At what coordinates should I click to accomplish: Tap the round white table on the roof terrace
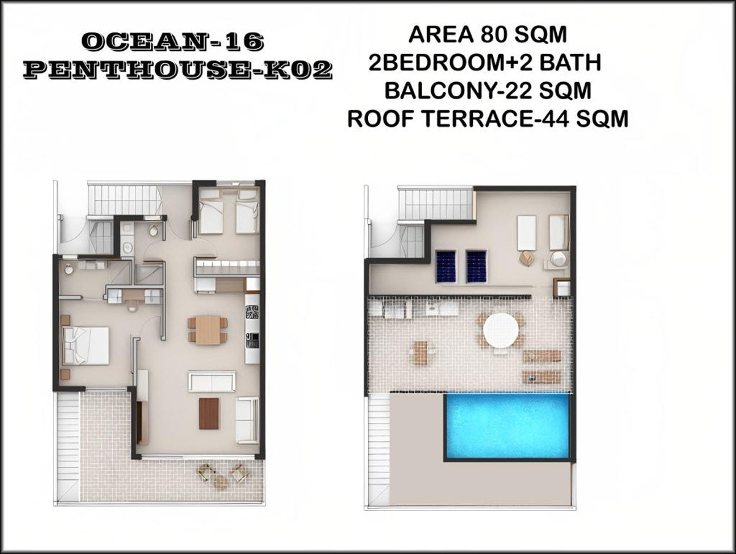click(x=501, y=330)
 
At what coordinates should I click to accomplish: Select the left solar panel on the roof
click(x=445, y=266)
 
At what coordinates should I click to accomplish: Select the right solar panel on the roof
click(x=476, y=266)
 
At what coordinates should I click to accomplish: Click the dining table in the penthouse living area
click(x=207, y=329)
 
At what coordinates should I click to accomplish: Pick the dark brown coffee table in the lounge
click(x=209, y=413)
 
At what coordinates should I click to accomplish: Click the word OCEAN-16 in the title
click(x=173, y=43)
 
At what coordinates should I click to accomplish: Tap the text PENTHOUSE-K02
click(x=177, y=70)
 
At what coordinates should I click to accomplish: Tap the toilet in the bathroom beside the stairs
click(x=153, y=230)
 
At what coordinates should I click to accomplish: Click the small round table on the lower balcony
click(x=221, y=480)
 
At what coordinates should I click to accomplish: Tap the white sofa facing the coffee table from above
click(x=212, y=381)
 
